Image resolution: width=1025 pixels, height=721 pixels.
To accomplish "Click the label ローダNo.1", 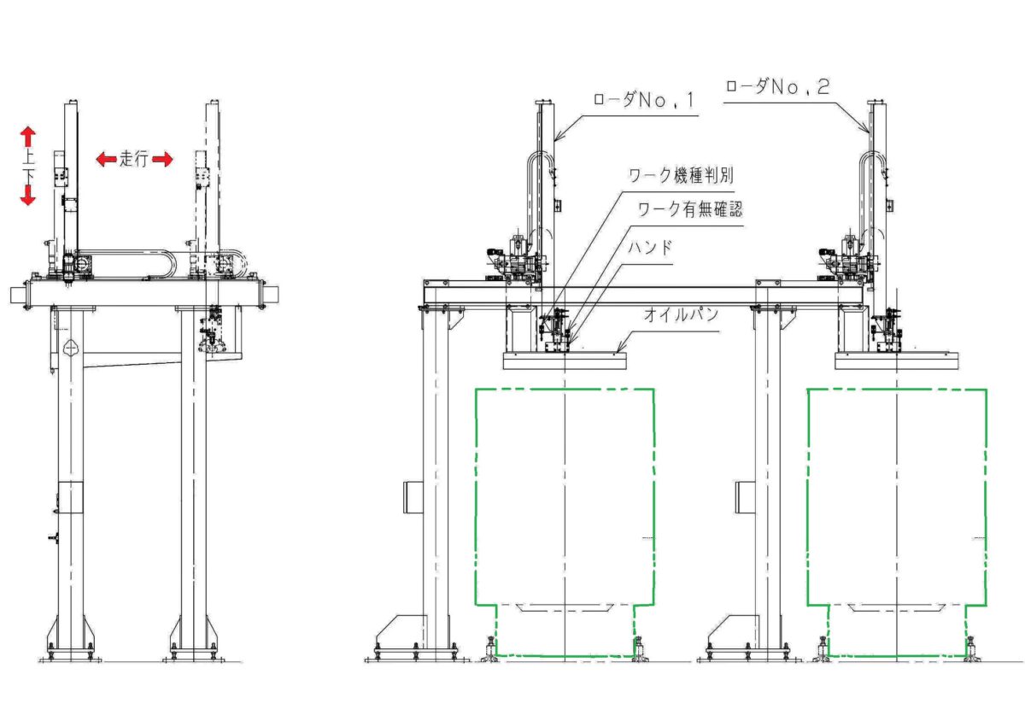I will coord(644,101).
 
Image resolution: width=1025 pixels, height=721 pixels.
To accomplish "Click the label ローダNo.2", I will coord(776,86).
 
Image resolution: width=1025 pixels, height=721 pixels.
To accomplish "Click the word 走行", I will coord(133,158).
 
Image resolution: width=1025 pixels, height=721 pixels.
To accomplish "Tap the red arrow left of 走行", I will coord(105,159).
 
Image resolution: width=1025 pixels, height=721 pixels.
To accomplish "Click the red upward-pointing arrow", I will coord(28,135).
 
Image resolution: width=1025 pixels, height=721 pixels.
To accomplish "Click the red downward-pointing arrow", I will coord(28,195).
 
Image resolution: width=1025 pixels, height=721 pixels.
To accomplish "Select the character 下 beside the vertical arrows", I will coord(27,173).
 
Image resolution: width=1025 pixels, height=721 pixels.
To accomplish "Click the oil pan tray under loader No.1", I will coord(565,361).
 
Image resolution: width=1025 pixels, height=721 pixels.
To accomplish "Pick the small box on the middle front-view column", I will coord(745,496).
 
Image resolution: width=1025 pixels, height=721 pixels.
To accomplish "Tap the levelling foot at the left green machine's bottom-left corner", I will coord(490,649).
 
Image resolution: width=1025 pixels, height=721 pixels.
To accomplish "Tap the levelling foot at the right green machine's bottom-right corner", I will coord(969,649).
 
